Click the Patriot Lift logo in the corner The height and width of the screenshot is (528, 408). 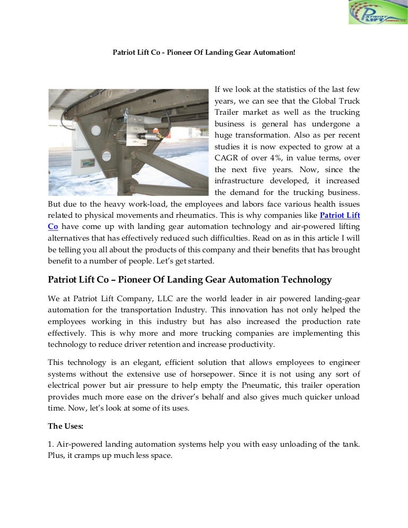pos(377,13)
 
